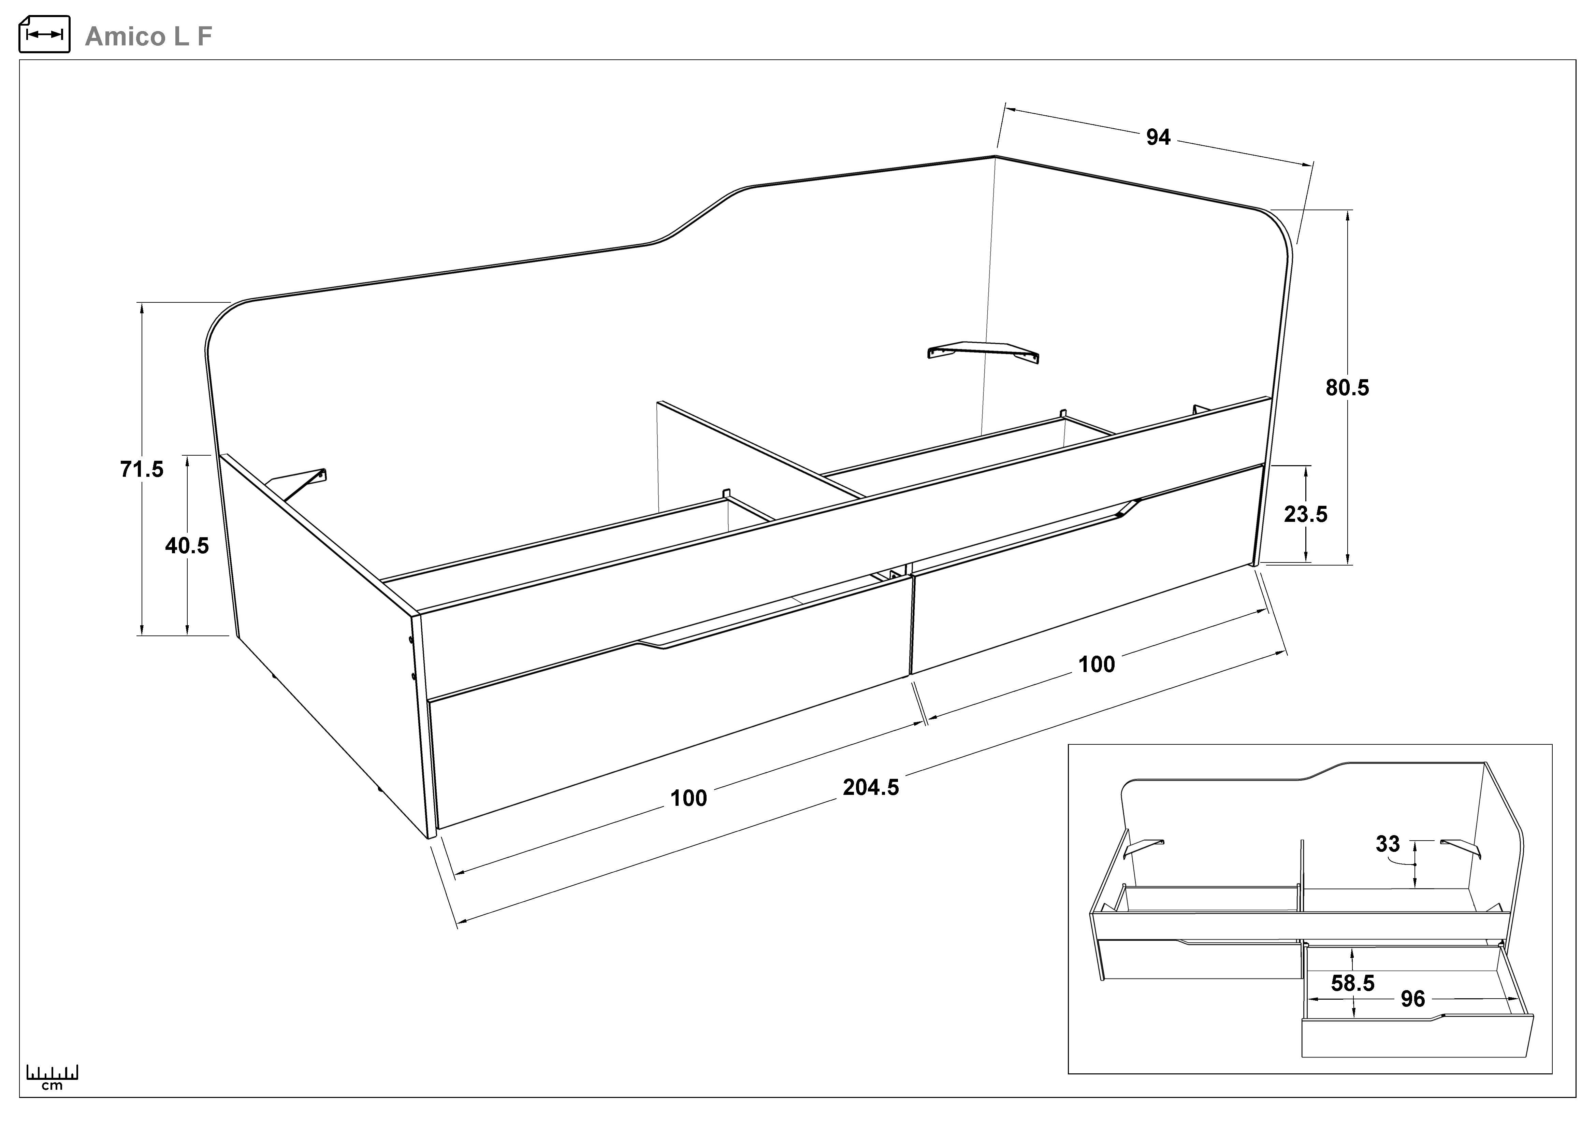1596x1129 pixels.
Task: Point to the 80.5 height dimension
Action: point(1347,388)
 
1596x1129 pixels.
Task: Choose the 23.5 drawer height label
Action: point(1305,514)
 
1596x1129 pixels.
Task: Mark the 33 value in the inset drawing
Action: point(1388,844)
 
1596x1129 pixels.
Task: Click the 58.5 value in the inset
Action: point(1353,983)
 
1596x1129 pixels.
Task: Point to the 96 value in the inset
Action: point(1412,999)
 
